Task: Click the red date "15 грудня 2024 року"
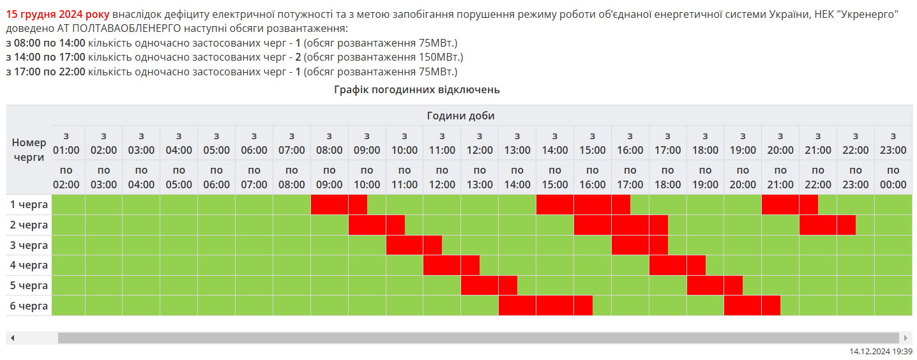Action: point(57,13)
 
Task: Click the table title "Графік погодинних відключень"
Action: point(416,90)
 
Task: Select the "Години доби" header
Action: point(460,116)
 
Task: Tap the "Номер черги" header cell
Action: point(29,150)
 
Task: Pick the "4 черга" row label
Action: point(29,265)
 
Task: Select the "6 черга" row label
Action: point(29,306)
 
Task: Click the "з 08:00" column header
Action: point(329,143)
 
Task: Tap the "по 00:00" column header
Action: point(893,177)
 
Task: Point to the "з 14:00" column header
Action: point(555,143)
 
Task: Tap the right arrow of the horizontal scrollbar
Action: point(905,338)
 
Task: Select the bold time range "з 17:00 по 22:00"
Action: point(45,71)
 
